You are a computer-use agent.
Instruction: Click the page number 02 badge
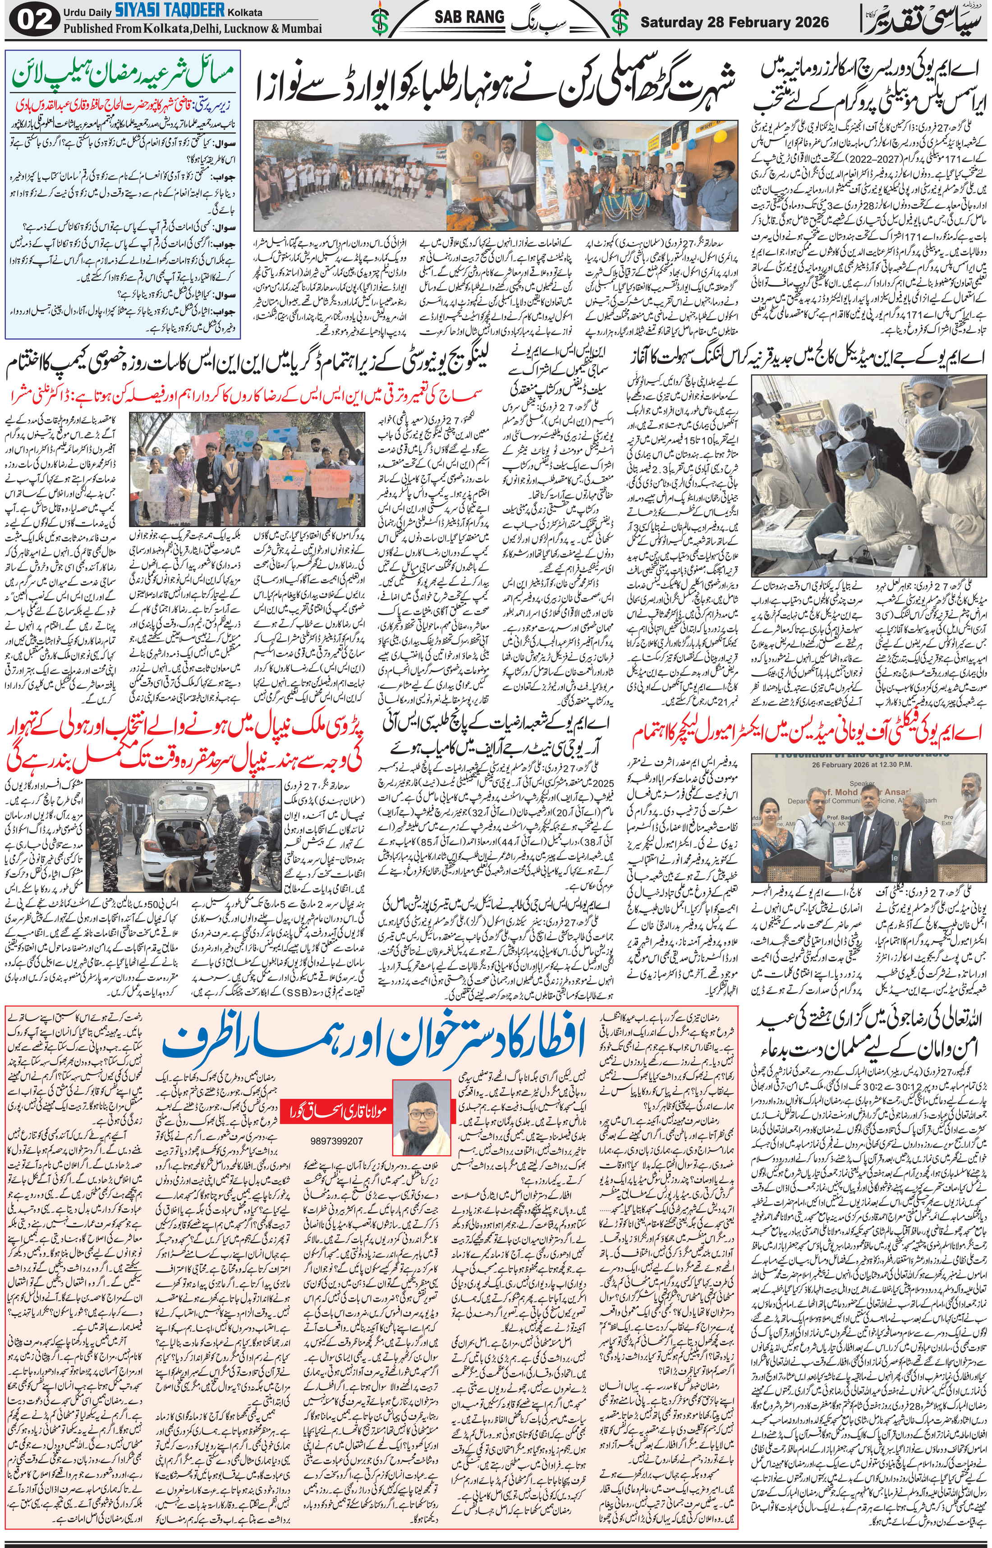[30, 21]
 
